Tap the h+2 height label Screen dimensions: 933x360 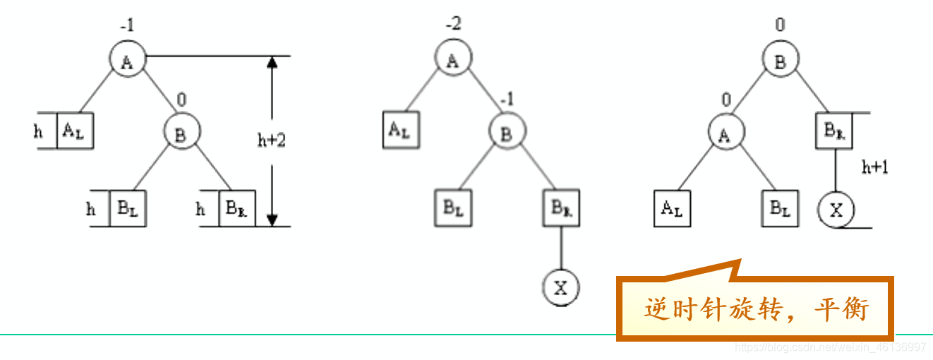(x=271, y=140)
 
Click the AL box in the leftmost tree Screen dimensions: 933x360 (x=75, y=131)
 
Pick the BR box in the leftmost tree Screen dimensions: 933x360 (x=237, y=208)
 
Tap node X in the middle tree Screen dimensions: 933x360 (x=561, y=287)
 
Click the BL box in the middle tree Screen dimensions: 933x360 (x=452, y=208)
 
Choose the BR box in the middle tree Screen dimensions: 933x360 (x=561, y=208)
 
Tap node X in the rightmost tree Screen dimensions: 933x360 (x=836, y=210)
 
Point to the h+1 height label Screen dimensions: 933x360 (x=875, y=167)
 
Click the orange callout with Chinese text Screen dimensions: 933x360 (x=755, y=309)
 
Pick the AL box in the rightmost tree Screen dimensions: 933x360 (x=671, y=208)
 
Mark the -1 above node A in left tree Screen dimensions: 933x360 (x=127, y=26)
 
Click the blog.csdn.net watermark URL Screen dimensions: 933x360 (x=830, y=347)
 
